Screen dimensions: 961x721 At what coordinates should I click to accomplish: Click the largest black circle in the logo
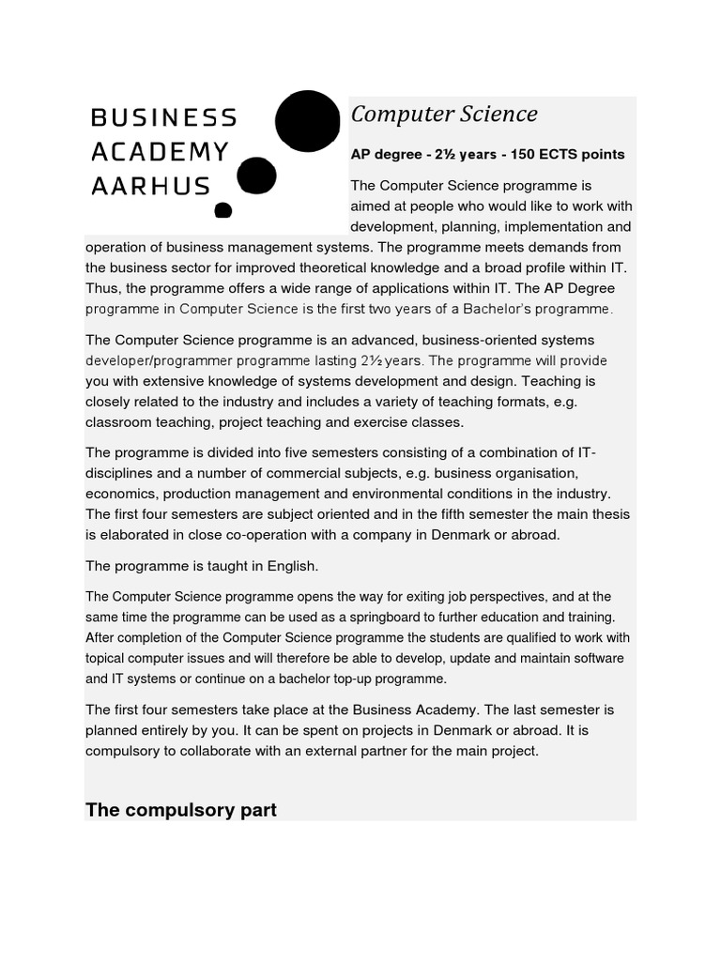(307, 122)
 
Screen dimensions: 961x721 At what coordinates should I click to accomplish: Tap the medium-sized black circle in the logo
(256, 175)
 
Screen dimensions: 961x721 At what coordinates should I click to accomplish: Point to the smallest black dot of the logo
(222, 210)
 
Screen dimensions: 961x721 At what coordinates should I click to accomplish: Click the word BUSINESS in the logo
(164, 118)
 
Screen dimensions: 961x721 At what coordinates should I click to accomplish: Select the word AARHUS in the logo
(150, 186)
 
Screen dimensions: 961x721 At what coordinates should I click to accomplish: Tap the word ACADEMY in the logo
(160, 152)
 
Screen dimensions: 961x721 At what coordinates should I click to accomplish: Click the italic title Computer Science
(444, 114)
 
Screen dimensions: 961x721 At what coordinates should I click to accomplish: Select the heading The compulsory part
(181, 809)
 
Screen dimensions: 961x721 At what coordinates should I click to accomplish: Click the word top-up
(322, 679)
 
